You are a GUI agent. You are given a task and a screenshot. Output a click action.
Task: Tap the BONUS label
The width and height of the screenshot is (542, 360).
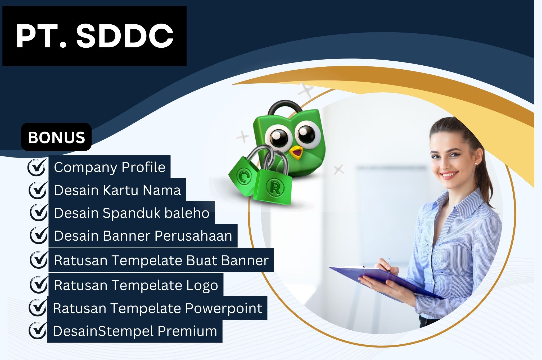[56, 137]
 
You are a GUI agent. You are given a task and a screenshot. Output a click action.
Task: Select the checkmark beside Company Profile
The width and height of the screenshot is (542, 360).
[37, 167]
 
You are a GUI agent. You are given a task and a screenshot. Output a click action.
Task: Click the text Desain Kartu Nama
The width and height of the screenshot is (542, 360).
[117, 190]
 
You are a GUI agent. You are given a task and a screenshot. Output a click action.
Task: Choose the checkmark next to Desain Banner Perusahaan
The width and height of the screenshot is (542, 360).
[39, 235]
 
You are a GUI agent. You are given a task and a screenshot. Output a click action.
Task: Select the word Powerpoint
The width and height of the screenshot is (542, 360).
[224, 308]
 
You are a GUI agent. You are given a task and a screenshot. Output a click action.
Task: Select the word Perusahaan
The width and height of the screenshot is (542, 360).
[193, 236]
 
